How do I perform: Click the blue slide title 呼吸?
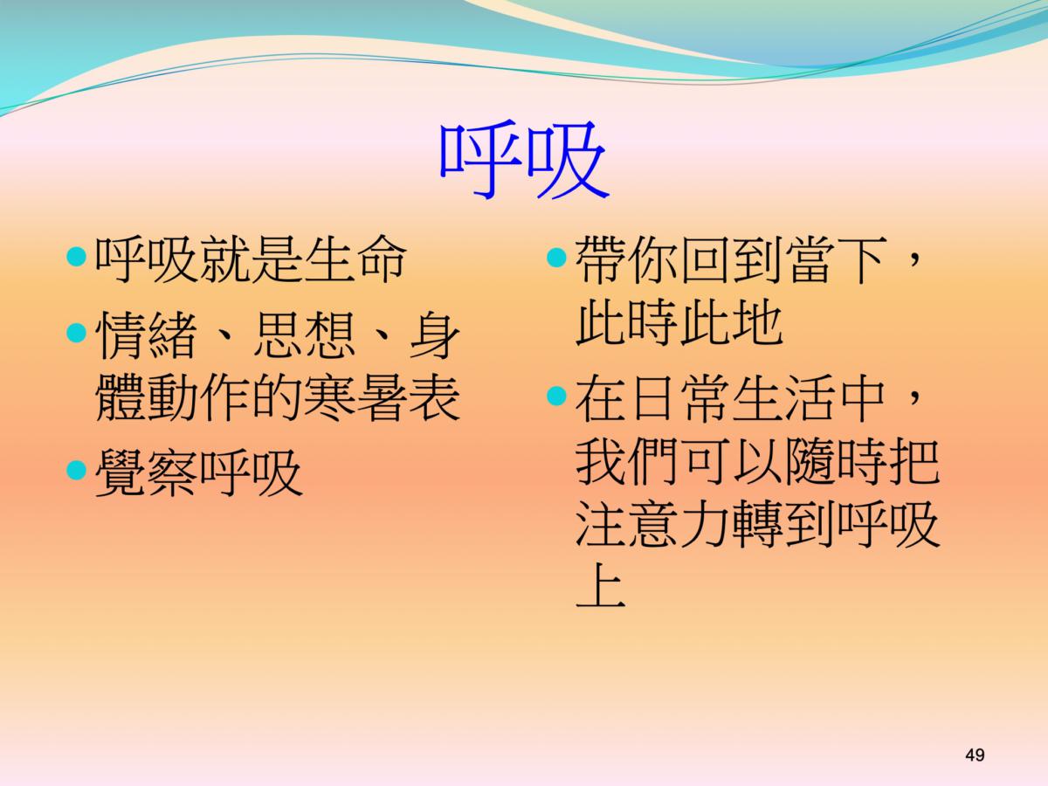pos(524,160)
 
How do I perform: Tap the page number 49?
pos(975,755)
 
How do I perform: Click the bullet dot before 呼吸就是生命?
pos(76,257)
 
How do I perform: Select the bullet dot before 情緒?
pos(76,333)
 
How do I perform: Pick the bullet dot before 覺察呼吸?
pos(76,470)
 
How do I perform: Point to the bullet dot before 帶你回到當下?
pos(556,258)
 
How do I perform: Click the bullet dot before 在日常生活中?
pos(556,396)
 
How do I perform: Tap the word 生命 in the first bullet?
pos(355,259)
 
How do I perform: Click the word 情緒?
pos(146,334)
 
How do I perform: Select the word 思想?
pos(305,334)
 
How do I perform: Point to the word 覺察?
pos(147,472)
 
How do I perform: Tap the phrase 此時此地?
pos(679,322)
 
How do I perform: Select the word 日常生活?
pos(731,397)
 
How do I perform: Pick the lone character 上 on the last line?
pos(601,585)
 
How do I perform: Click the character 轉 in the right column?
pos(757,523)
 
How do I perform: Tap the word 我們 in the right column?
pos(627,460)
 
